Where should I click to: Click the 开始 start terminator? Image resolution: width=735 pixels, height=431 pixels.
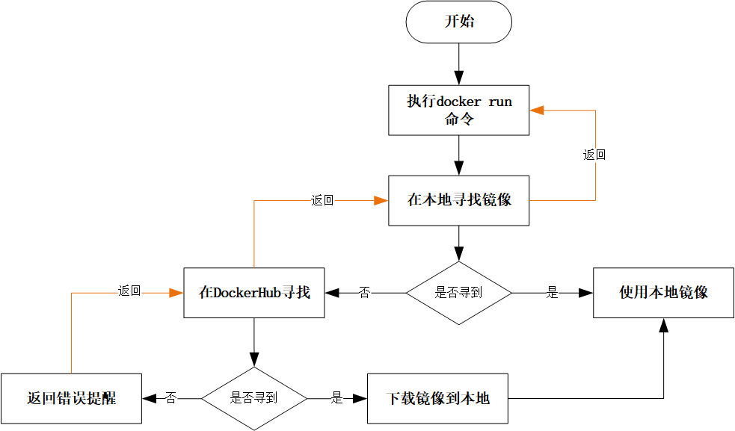(x=458, y=22)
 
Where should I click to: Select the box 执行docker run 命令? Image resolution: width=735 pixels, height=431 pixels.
(x=458, y=111)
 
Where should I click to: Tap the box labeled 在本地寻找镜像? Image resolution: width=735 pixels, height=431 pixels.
(x=458, y=200)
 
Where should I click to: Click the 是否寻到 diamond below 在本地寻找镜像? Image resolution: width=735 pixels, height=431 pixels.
(x=458, y=293)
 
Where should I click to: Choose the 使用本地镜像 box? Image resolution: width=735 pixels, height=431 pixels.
(x=663, y=293)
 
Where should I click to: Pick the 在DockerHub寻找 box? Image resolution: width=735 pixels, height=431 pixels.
(x=254, y=293)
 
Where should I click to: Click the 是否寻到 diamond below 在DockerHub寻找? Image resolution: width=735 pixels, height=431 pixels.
(x=254, y=398)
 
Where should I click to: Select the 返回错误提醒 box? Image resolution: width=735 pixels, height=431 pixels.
(x=71, y=398)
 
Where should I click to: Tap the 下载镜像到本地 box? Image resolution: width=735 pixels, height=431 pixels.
(x=437, y=398)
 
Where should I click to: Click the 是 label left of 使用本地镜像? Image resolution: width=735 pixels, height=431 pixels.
(x=552, y=293)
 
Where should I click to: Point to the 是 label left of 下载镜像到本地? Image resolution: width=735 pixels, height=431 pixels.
(x=336, y=398)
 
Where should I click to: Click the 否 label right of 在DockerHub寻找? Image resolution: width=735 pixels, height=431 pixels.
(x=364, y=293)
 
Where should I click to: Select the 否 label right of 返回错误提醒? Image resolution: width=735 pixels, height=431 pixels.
(x=170, y=398)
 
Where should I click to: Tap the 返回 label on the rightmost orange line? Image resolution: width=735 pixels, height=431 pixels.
(x=594, y=155)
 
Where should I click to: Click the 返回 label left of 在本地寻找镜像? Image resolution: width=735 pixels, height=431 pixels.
(x=322, y=201)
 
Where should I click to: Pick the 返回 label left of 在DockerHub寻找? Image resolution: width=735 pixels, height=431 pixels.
(x=129, y=291)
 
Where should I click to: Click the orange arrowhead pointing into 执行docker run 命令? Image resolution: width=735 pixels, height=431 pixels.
(x=537, y=111)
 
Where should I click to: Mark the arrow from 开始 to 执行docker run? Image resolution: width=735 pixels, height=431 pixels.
(x=458, y=63)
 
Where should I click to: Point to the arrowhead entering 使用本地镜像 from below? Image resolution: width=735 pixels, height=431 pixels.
(x=663, y=326)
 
